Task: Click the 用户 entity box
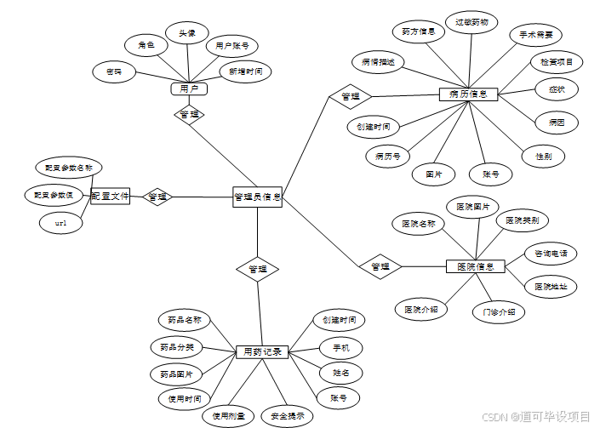[189, 88]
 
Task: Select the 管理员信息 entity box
[257, 197]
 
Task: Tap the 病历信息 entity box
[468, 94]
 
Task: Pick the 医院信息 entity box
[476, 266]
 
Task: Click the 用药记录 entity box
[262, 351]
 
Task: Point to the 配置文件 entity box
[111, 197]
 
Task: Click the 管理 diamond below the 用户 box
[189, 113]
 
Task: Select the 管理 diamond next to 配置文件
[157, 197]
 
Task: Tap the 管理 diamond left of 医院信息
[380, 266]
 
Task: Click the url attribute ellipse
[61, 223]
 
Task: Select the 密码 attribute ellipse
[114, 71]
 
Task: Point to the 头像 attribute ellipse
[187, 34]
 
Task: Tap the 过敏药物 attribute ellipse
[471, 23]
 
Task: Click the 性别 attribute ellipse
[543, 157]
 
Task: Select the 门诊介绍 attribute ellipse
[499, 311]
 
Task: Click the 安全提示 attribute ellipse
[287, 416]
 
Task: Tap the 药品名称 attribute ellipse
[184, 321]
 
